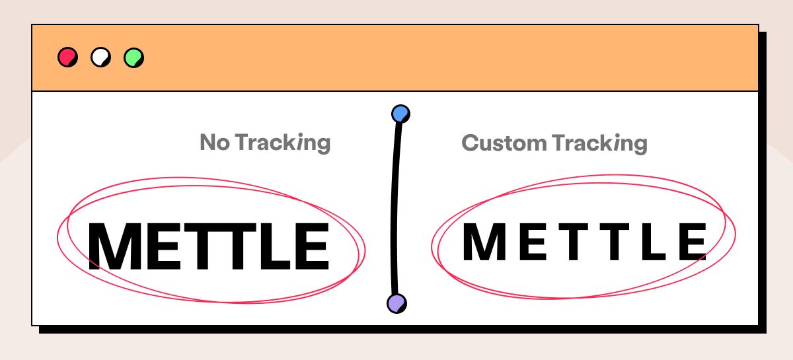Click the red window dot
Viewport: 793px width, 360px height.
pos(67,57)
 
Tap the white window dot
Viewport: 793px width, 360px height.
pos(100,57)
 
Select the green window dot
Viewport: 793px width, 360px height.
pos(133,57)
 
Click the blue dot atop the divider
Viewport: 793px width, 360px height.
pos(400,114)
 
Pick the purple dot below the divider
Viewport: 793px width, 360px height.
pos(396,303)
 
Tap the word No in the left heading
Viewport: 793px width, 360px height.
pos(214,143)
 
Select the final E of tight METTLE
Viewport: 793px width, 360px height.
pos(309,246)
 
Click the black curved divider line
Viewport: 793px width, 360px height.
pos(395,211)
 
